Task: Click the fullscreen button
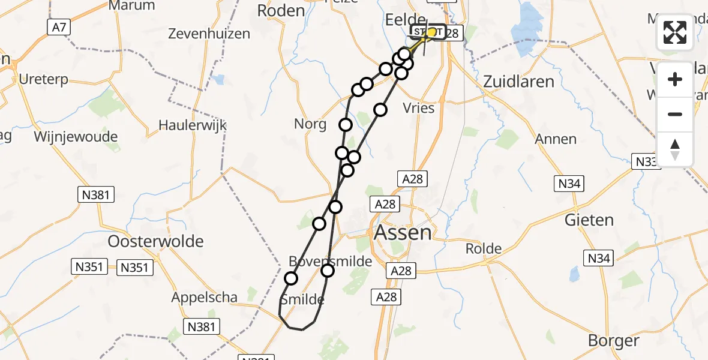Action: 675,32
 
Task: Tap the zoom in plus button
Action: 675,79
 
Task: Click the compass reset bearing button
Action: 675,149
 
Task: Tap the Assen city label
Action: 402,232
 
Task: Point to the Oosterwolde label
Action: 155,242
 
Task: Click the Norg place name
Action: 310,124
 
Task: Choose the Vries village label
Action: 419,108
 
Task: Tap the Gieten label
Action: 589,220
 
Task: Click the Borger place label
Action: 613,341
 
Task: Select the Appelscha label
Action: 204,297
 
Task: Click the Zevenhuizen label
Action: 209,34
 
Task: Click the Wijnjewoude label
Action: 76,137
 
